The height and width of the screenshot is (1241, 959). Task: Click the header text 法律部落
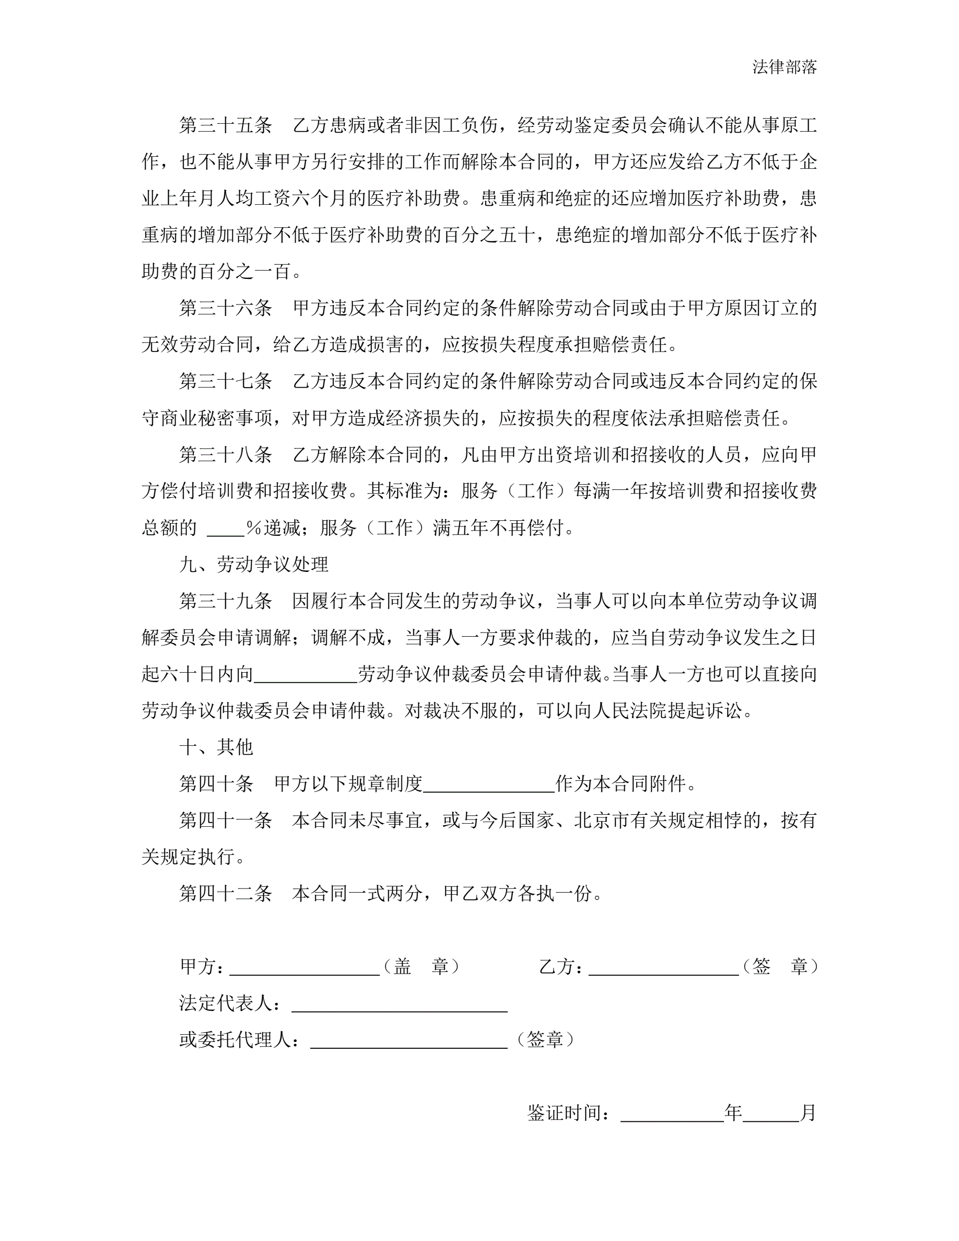click(x=784, y=67)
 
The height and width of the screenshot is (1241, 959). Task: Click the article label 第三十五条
click(x=226, y=125)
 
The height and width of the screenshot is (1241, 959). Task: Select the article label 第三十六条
click(x=226, y=308)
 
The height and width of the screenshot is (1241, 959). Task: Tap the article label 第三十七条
click(x=226, y=381)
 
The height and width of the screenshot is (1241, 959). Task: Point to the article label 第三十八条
click(x=226, y=454)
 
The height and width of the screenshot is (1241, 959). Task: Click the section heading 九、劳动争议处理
click(x=254, y=564)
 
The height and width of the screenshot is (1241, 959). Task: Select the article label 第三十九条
click(x=226, y=601)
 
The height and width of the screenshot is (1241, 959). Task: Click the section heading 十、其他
click(x=216, y=747)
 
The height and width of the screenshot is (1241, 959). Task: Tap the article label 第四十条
click(x=216, y=784)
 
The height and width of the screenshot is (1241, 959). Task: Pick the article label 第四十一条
click(x=226, y=821)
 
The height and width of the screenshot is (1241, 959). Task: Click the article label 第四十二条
click(x=226, y=894)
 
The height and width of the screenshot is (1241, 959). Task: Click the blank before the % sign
click(x=226, y=530)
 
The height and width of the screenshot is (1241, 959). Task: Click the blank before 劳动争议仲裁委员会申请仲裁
click(x=306, y=676)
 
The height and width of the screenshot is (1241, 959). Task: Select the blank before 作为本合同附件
click(x=488, y=786)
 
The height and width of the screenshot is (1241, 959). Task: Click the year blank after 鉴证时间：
click(x=672, y=1115)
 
